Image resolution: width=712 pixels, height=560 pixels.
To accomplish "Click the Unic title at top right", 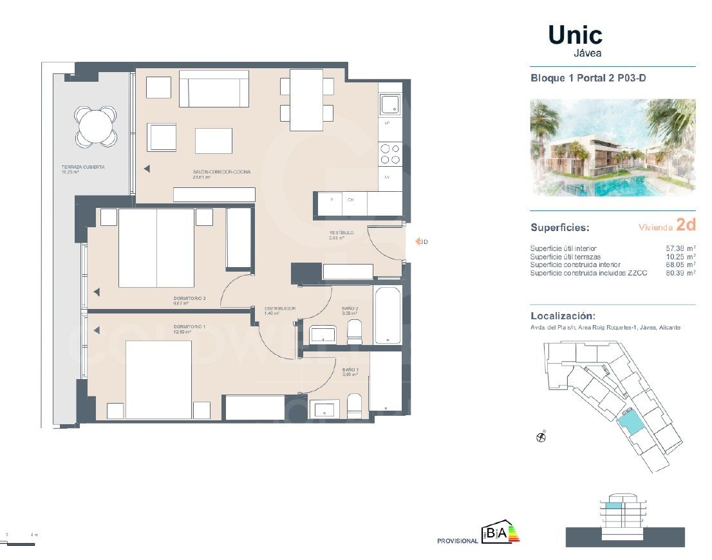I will coord(575,35).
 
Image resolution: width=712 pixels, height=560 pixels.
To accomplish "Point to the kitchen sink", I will coord(390,104).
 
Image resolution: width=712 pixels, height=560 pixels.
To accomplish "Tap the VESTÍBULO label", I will coord(341,233).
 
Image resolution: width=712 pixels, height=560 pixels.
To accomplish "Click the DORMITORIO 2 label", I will coord(189,298).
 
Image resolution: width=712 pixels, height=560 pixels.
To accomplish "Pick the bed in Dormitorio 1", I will coord(158,379).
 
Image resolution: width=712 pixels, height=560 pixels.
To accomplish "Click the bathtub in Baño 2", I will coord(388,315).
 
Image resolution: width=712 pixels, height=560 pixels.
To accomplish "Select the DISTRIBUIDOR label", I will coord(280,309).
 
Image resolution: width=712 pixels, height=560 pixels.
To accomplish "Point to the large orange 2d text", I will coord(686,225).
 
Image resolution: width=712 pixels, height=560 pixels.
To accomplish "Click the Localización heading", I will coord(562,316).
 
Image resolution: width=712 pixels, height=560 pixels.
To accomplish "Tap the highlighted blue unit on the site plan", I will coord(630,424).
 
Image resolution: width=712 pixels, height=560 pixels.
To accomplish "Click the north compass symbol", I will coord(541,437).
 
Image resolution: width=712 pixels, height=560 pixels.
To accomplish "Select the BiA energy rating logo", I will coord(500,533).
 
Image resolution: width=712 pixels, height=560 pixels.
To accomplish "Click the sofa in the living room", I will coord(214,89).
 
